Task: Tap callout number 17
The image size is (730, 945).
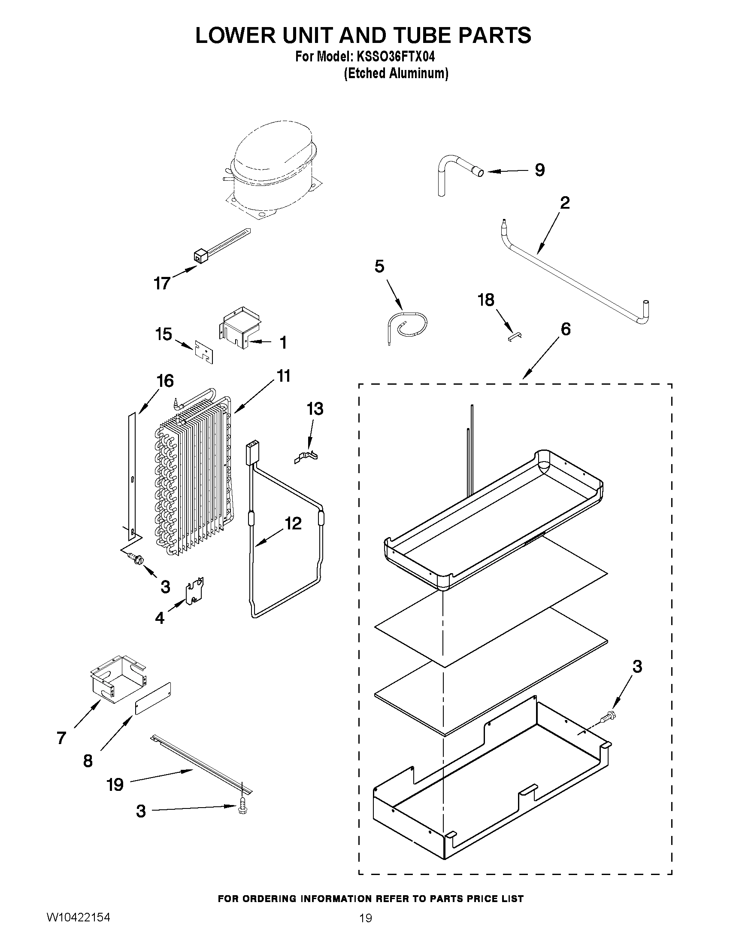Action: pyautogui.click(x=162, y=283)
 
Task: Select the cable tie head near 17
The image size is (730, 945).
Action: pyautogui.click(x=199, y=257)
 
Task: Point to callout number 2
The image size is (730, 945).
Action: pyautogui.click(x=565, y=203)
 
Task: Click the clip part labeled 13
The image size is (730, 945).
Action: pyautogui.click(x=306, y=457)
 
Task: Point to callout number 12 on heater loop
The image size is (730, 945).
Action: pyautogui.click(x=293, y=523)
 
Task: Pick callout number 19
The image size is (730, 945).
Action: pyautogui.click(x=115, y=784)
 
